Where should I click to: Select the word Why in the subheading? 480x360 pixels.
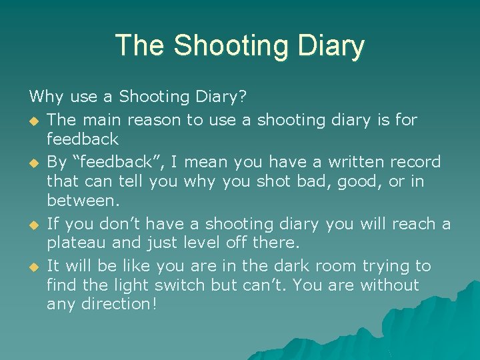[x=47, y=97]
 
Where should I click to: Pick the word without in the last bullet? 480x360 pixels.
[x=389, y=285]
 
